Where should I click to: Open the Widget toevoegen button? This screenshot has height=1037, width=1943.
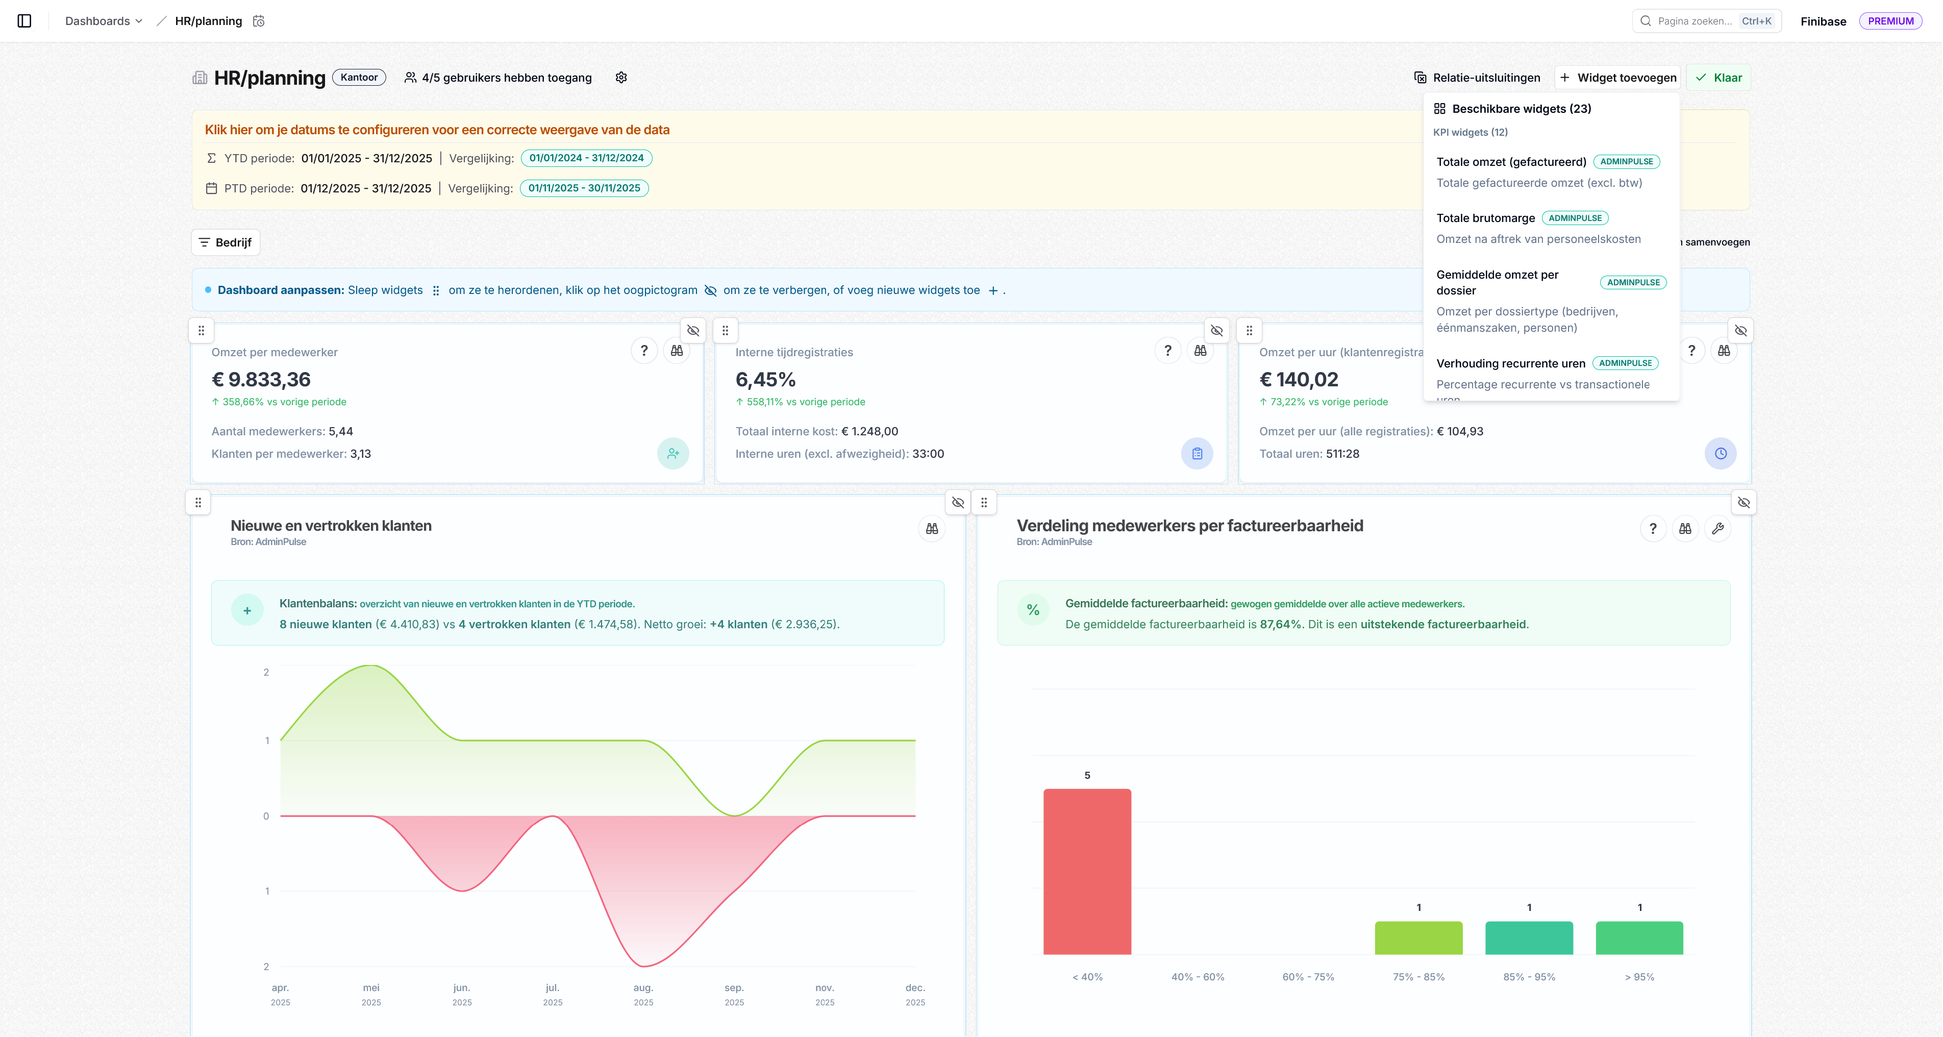click(1618, 78)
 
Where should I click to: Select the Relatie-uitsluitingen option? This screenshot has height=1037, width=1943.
click(1477, 78)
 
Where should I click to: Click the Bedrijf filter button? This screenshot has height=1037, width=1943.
click(226, 242)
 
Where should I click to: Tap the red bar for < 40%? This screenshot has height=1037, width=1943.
click(1087, 871)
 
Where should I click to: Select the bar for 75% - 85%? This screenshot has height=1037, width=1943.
click(1418, 937)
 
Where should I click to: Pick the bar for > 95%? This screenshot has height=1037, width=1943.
click(1639, 937)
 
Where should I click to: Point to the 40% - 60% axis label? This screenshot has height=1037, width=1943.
click(1198, 977)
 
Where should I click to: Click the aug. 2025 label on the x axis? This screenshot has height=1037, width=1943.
click(643, 994)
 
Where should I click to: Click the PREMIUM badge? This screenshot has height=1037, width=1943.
click(1890, 21)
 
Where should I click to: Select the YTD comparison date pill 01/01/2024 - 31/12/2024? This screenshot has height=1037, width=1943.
click(586, 158)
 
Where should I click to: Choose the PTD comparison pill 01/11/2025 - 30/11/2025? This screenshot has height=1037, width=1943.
click(584, 188)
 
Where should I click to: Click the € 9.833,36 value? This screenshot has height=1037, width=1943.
click(261, 379)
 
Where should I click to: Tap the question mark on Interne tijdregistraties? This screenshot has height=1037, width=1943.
click(1167, 351)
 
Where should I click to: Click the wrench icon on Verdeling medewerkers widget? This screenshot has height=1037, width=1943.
click(1717, 529)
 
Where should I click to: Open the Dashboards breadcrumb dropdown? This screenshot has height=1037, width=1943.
click(104, 21)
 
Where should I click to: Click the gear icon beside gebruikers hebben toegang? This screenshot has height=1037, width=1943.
click(621, 78)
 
